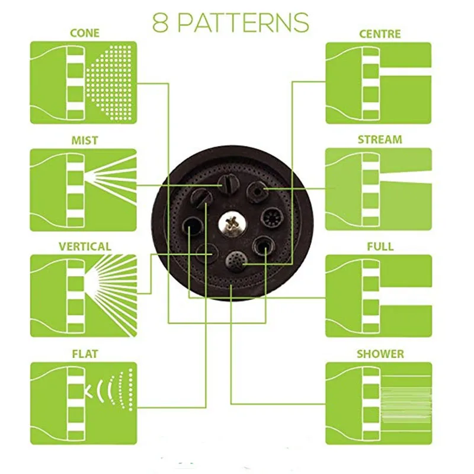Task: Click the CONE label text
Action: (x=85, y=33)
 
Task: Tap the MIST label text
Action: (x=85, y=140)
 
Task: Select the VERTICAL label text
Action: (x=85, y=246)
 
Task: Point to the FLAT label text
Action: (x=85, y=354)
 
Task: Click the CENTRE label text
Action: (x=380, y=34)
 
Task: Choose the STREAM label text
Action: (x=380, y=140)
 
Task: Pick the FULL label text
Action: (x=380, y=246)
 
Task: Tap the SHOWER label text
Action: (x=380, y=354)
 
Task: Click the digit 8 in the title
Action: (x=160, y=23)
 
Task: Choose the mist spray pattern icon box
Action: (x=83, y=190)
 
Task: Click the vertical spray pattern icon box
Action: (x=84, y=296)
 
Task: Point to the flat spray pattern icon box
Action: (x=84, y=403)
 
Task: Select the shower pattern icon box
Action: (x=379, y=403)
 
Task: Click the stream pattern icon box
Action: (x=379, y=189)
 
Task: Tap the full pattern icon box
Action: (x=379, y=296)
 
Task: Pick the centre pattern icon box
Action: (x=379, y=83)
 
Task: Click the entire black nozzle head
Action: (x=232, y=223)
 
